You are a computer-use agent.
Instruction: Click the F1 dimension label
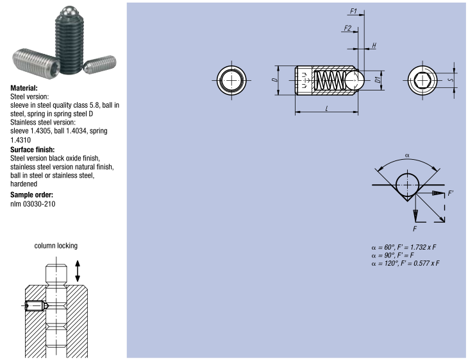[353, 11]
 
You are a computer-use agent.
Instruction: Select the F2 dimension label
[347, 28]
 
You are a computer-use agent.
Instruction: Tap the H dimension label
[374, 46]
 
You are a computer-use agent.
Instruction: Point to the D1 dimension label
[378, 80]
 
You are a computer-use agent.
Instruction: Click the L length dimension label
[327, 108]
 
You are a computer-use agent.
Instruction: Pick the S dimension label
[451, 80]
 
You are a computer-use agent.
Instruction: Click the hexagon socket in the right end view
[422, 80]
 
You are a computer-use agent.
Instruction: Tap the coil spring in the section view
[330, 80]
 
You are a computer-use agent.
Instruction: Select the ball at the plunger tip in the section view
[355, 80]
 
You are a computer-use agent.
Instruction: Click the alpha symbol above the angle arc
[407, 155]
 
